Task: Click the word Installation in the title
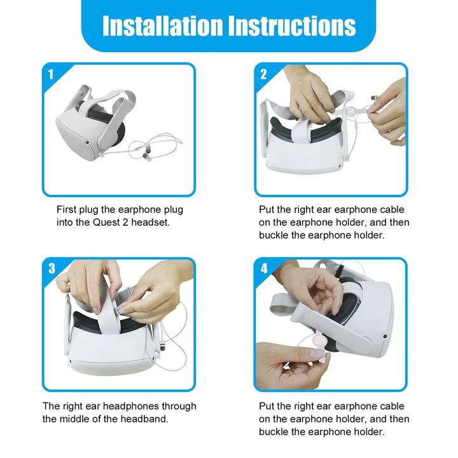pyautogui.click(x=163, y=25)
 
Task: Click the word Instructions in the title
pyautogui.click(x=292, y=25)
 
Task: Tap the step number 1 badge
pyautogui.click(x=51, y=74)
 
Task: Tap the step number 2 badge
pyautogui.click(x=263, y=74)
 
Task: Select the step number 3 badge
pyautogui.click(x=52, y=268)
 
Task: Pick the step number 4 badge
pyautogui.click(x=264, y=268)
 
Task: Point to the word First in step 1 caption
pyautogui.click(x=67, y=209)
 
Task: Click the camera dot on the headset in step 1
pyautogui.click(x=88, y=142)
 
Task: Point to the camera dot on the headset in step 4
pyautogui.click(x=385, y=337)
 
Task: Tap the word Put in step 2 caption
pyautogui.click(x=267, y=209)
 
